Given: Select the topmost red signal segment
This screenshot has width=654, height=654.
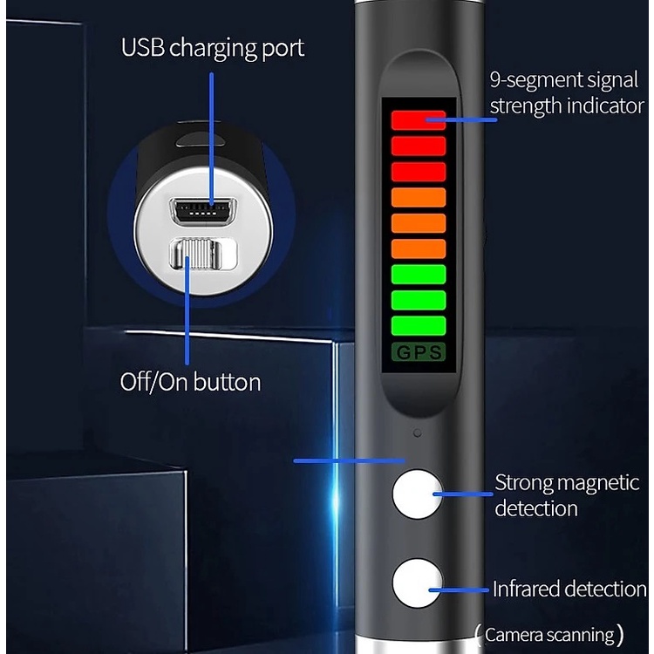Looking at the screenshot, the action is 419,120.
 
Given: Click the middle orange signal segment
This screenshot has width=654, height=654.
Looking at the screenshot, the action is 419,223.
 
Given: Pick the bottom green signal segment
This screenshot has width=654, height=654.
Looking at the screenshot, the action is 419,325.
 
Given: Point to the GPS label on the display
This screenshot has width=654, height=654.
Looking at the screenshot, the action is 419,352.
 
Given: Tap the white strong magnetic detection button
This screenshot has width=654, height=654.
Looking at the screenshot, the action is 417,494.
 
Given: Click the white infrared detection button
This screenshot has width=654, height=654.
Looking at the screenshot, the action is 417,583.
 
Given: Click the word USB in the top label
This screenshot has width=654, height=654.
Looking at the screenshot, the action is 143,47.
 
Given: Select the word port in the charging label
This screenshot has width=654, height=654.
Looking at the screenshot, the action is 283,49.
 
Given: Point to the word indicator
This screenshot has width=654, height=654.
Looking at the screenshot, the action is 605,106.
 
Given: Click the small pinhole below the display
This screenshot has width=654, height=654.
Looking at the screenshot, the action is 417,433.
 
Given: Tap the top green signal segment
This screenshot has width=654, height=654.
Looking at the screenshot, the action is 419,274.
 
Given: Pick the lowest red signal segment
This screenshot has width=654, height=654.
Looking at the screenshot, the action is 419,172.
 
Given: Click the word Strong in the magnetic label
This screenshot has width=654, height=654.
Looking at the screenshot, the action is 519,484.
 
